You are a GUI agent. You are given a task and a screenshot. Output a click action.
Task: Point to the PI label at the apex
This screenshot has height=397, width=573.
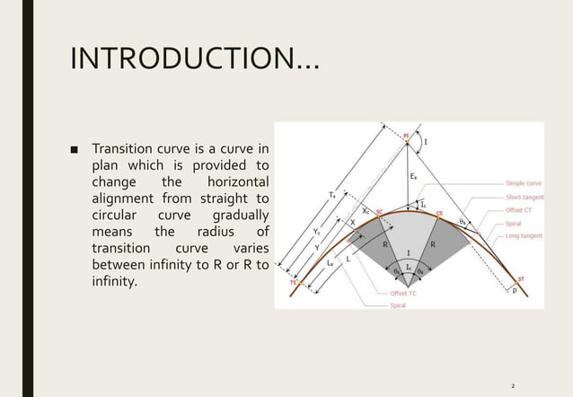point(406,137)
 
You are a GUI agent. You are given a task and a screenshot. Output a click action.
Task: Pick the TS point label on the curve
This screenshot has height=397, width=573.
point(292,282)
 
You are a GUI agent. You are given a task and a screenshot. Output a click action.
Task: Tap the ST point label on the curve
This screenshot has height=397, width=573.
point(519,279)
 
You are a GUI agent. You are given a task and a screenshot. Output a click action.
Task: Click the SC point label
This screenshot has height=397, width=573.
point(379,213)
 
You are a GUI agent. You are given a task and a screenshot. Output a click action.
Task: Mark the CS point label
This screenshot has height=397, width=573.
point(439,213)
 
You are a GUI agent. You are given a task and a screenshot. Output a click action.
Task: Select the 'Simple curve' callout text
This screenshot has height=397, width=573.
point(524,183)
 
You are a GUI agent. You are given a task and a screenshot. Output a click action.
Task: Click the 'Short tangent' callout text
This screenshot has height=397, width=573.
point(525,197)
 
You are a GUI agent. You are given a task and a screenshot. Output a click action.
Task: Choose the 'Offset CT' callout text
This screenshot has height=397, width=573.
point(521,209)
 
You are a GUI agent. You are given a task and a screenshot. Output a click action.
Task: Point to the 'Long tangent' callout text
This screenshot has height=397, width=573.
point(525,235)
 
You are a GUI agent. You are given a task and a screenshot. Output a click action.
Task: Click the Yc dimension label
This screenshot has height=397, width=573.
point(316,232)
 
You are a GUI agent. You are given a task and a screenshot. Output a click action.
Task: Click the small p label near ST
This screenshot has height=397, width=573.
point(515,292)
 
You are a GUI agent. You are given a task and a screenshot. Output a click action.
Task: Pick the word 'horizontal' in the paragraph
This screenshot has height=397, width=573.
point(238,182)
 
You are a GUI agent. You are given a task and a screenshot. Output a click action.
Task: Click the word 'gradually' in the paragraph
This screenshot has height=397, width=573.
point(240,216)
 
